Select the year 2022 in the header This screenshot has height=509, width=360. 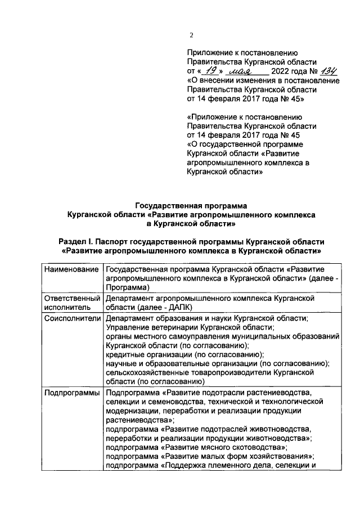point(281,71)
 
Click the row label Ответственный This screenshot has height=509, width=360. point(71,298)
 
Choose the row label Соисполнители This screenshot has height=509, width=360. point(71,318)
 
